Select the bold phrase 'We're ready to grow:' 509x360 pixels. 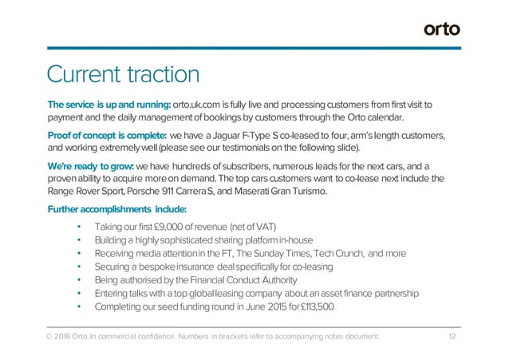click(90, 164)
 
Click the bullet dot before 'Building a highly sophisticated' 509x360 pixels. click(78, 239)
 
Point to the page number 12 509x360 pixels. click(452, 337)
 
